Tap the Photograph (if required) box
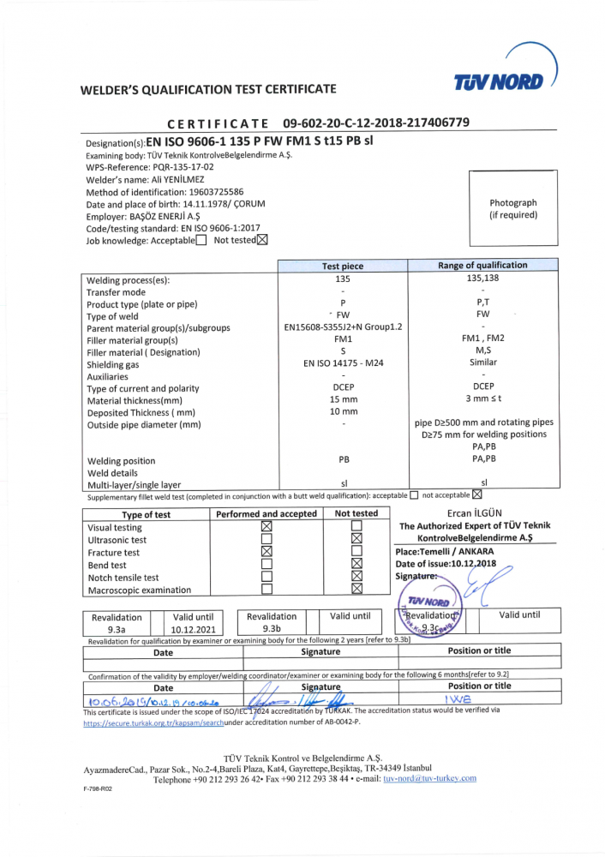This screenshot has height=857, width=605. click(512, 209)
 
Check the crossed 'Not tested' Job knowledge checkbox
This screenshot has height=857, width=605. click(262, 240)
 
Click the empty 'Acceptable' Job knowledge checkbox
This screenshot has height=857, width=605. click(201, 241)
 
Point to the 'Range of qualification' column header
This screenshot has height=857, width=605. click(482, 266)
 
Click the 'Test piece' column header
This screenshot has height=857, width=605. click(342, 267)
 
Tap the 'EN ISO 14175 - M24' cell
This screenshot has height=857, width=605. click(342, 363)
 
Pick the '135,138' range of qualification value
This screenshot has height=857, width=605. click(482, 279)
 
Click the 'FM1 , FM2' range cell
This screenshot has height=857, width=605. click(482, 339)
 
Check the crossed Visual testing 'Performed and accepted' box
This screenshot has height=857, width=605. click(266, 527)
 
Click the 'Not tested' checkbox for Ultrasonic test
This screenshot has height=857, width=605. click(356, 540)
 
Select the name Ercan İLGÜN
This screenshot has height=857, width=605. click(475, 513)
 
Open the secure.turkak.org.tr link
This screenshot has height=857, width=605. click(153, 723)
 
